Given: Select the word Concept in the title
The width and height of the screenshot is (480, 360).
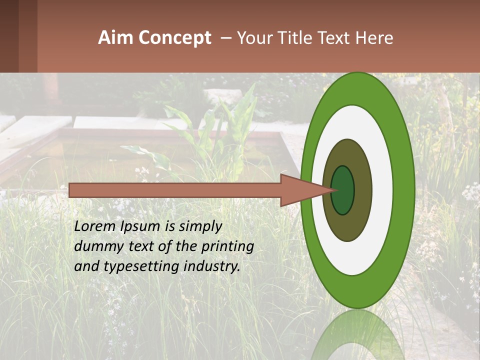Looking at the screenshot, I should tap(175, 38).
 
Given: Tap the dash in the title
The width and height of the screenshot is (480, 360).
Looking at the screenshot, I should tap(225, 38).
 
